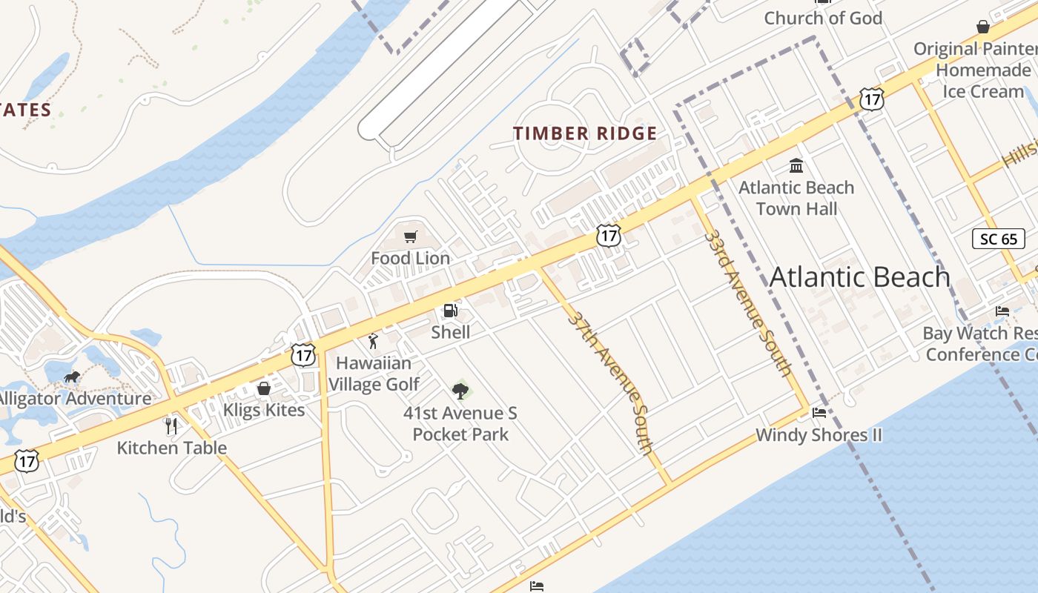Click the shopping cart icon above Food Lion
pos(410,236)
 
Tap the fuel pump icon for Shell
pos(450,311)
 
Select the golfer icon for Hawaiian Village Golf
pos(373,342)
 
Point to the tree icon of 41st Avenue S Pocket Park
pos(460,391)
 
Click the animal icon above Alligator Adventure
pos(72,377)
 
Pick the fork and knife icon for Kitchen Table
pos(171,425)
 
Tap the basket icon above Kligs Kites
pos(263,388)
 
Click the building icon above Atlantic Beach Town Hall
pos(796,165)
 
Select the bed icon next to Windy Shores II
pos(819,413)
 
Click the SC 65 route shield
pos(999,239)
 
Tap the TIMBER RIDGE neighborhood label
pos(585,133)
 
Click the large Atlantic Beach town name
pos(859,277)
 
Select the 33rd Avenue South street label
pos(748,302)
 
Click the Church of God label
pos(823,18)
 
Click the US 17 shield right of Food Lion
pos(608,236)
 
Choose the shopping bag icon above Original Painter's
pos(983,27)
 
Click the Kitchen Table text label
pos(171,448)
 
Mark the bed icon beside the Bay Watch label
pos(1002,311)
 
